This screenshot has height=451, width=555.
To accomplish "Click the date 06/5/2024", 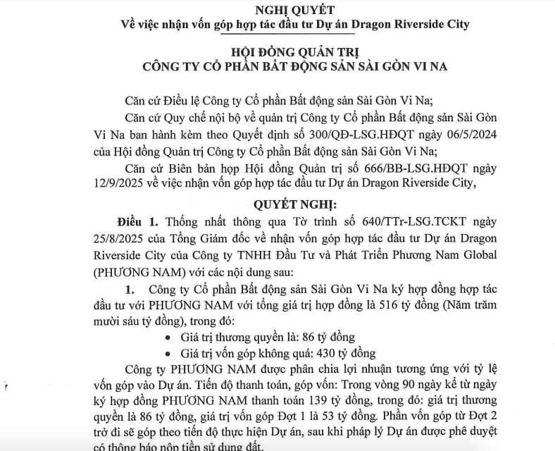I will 491,135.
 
